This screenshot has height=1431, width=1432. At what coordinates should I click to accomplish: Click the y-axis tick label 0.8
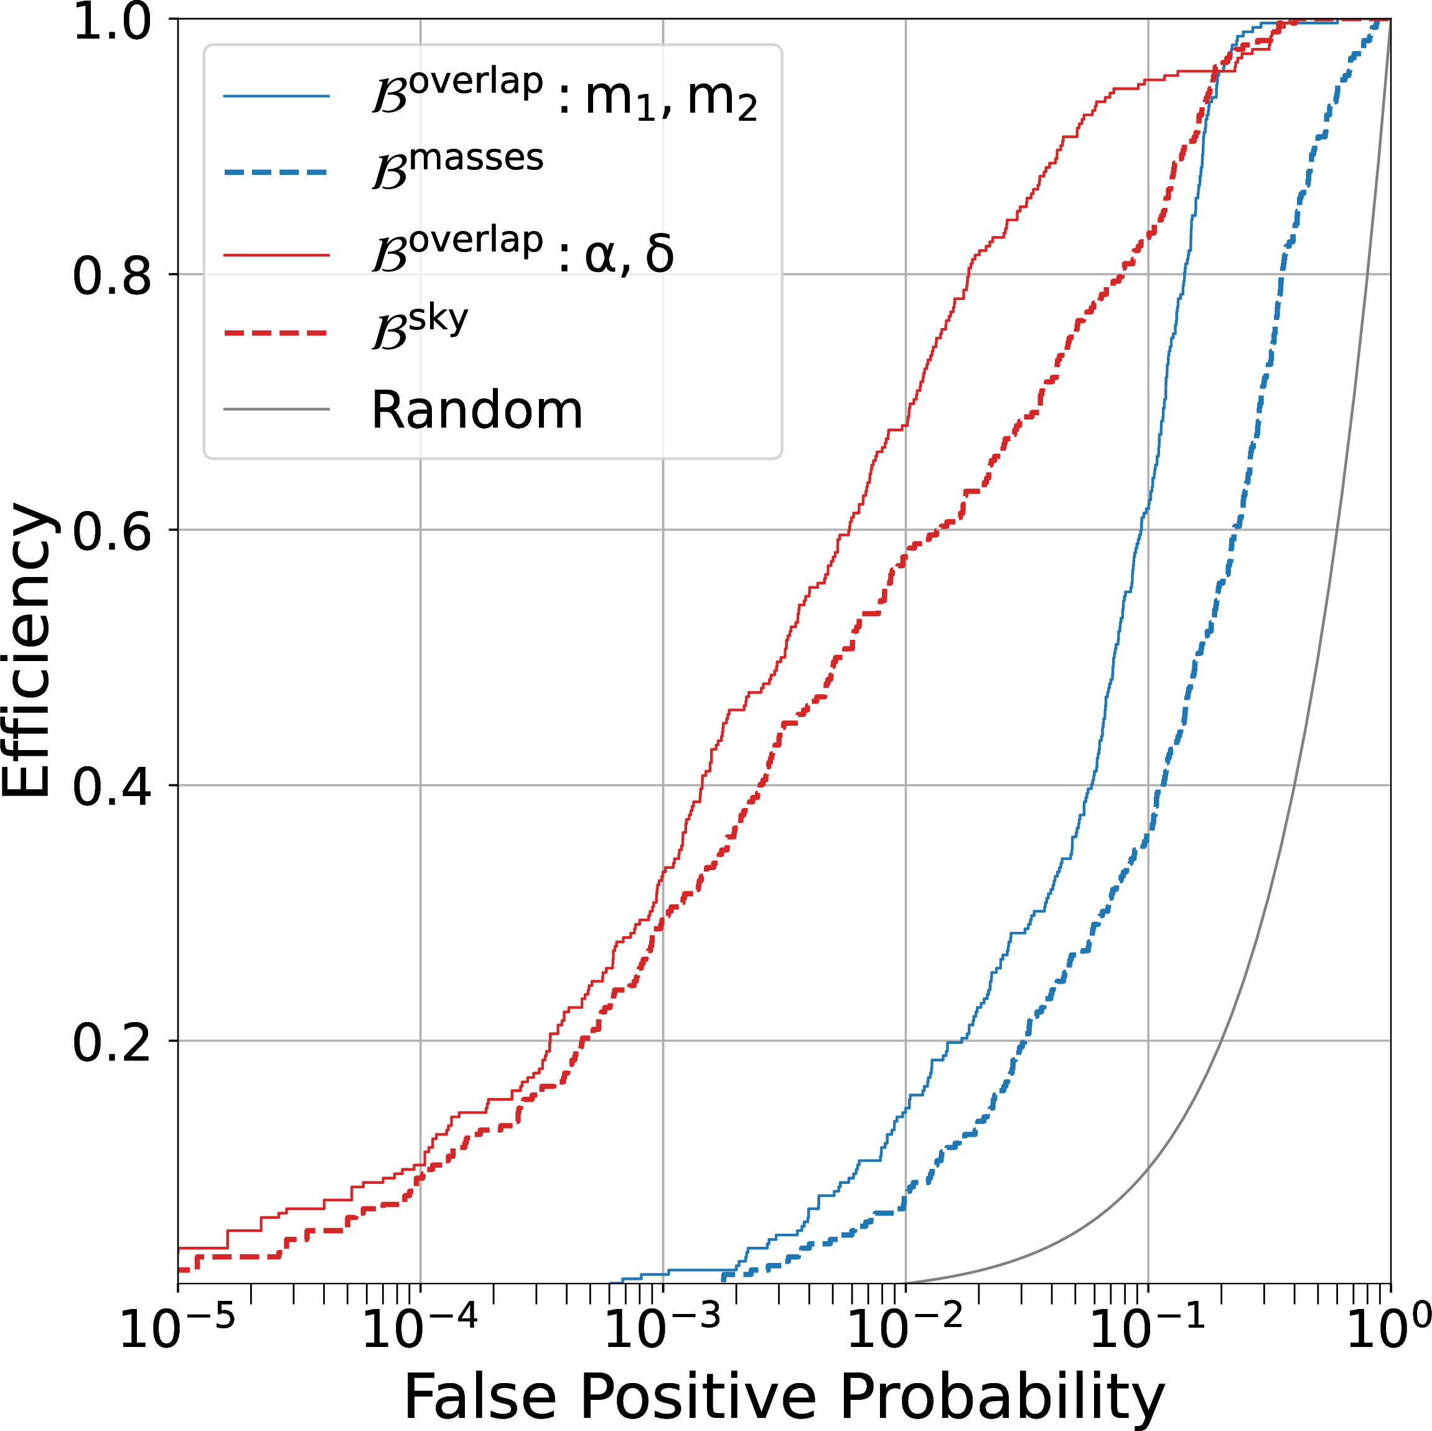point(111,276)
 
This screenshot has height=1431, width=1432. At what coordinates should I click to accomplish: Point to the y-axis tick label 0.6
point(111,532)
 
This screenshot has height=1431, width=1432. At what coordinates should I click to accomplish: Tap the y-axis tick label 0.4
point(111,787)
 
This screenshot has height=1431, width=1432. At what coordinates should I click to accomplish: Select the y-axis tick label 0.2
point(111,1043)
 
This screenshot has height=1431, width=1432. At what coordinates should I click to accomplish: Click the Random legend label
point(477,410)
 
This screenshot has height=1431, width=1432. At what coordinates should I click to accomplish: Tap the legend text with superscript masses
point(458,167)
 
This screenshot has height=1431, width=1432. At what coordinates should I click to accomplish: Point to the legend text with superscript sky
point(420,327)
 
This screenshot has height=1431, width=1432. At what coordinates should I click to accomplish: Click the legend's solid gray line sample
point(276,408)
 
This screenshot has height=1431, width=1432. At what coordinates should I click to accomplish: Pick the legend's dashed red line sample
point(276,333)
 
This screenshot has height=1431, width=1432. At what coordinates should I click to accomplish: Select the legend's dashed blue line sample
point(276,173)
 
